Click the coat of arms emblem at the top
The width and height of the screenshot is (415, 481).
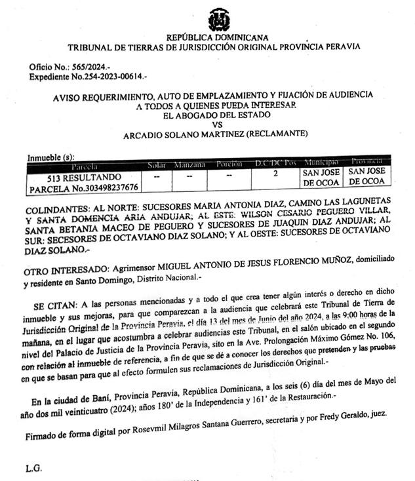click(218, 20)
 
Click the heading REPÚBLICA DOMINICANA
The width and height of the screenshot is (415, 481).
click(218, 38)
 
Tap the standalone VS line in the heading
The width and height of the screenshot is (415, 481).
click(217, 125)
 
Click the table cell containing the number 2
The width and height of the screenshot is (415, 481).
click(275, 174)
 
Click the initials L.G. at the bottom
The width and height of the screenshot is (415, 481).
click(34, 467)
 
